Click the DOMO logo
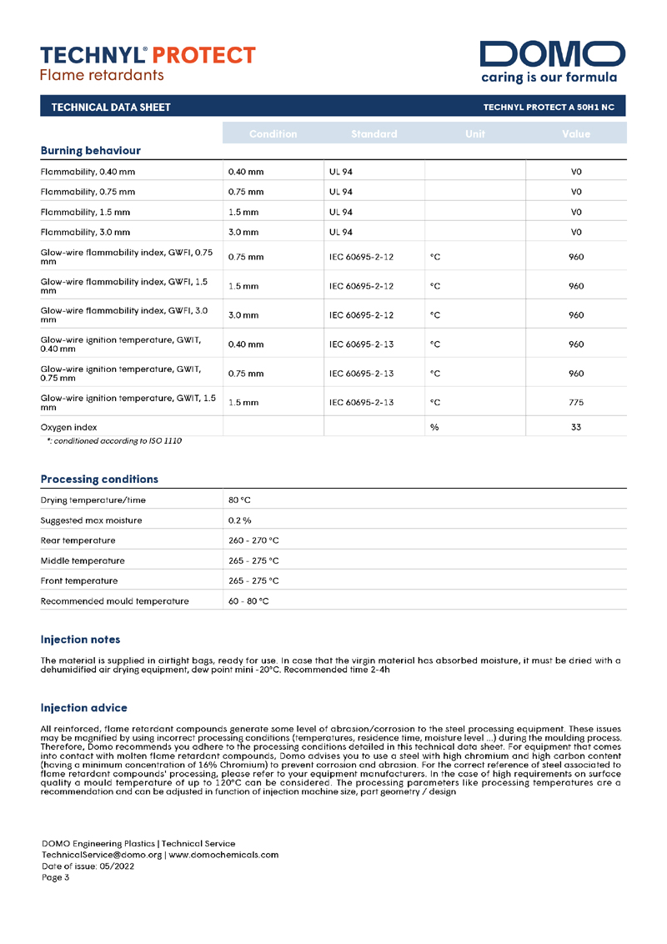pos(552,54)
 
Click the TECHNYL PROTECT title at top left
pos(148,55)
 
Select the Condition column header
pos(273,133)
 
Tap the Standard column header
pos(374,133)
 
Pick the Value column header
pos(575,133)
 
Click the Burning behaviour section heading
pos(90,151)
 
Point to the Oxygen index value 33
pos(575,427)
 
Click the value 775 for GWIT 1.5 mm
pos(575,403)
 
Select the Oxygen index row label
pos(68,427)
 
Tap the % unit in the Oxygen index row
pos(434,427)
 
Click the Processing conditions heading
pos(99,480)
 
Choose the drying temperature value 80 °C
pos(239,500)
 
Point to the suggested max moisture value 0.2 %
pos(240,520)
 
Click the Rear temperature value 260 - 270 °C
pos(253,540)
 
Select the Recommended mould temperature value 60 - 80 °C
pos(248,600)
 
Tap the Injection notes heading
pos(80,640)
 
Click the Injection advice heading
pos(83,708)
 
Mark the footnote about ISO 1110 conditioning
pos(114,439)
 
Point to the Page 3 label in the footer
pos(56,876)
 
